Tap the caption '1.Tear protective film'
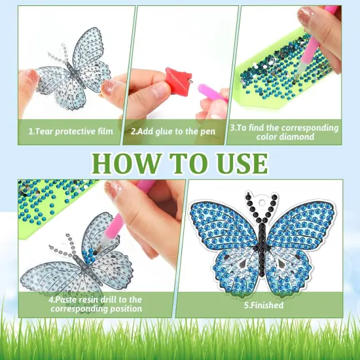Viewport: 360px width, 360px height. (71, 131)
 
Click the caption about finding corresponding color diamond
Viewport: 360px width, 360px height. (283, 132)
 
